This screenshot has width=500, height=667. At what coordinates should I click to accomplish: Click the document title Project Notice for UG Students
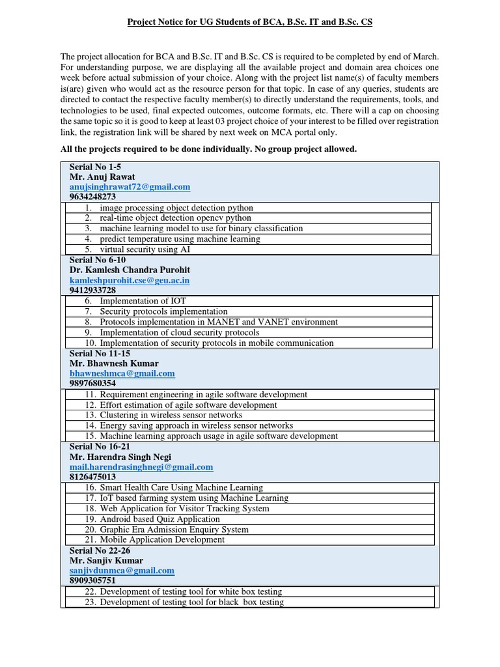(249, 22)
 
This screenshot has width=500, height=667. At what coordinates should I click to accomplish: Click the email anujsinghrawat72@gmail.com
(130, 187)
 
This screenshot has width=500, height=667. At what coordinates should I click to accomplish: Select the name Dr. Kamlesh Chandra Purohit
(130, 270)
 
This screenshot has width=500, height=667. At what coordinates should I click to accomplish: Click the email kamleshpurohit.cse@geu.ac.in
(130, 280)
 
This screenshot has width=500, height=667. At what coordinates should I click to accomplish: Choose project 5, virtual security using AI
(137, 249)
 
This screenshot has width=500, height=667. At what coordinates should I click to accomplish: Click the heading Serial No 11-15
(97, 353)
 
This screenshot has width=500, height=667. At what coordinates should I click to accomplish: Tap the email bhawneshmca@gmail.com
(122, 373)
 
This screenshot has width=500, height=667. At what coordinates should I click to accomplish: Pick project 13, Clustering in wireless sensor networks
(163, 415)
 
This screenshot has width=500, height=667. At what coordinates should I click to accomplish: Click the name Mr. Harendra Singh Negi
(120, 457)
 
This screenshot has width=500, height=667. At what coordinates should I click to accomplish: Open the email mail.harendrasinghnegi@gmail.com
(141, 467)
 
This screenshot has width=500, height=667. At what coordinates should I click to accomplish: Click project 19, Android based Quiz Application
(152, 519)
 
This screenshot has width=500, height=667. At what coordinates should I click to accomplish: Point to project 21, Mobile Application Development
(155, 539)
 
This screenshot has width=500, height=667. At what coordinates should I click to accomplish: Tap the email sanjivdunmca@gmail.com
(122, 571)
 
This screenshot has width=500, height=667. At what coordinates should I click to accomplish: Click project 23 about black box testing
(184, 603)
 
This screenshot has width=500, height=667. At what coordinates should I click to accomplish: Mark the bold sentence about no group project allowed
(208, 149)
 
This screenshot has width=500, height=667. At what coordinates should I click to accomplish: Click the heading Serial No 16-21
(97, 446)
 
